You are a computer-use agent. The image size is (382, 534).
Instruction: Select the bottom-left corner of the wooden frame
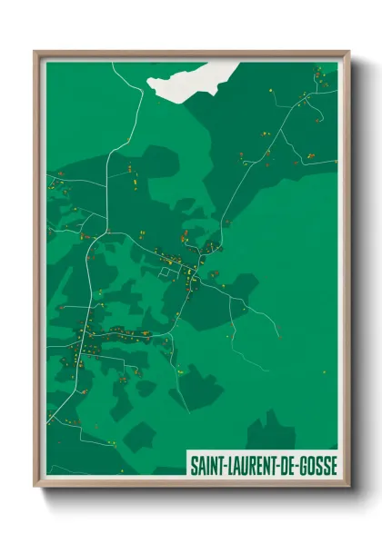click(x=35, y=487)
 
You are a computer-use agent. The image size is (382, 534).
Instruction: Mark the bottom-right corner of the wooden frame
click(x=348, y=487)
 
